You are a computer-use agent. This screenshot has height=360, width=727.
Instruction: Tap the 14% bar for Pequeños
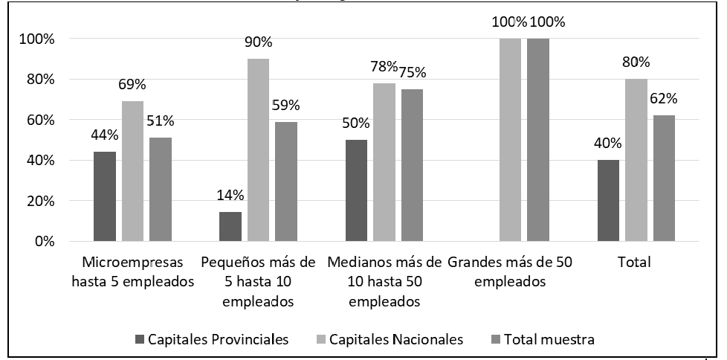[231, 227]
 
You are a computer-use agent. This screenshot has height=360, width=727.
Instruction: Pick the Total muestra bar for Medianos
[413, 165]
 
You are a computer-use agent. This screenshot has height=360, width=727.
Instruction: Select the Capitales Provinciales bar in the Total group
[609, 200]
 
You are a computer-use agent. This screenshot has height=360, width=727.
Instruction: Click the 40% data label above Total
[609, 144]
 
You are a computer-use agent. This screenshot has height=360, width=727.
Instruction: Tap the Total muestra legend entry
[548, 340]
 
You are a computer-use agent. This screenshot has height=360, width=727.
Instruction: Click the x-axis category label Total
[635, 263]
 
